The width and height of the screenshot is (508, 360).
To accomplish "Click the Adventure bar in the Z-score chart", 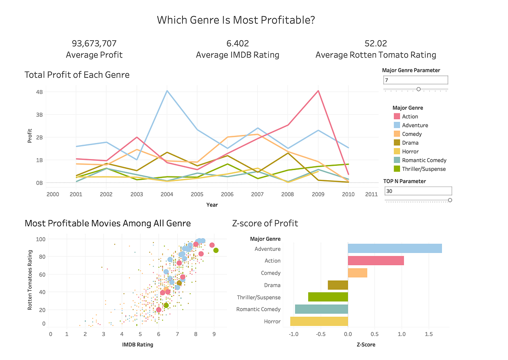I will [x=395, y=248].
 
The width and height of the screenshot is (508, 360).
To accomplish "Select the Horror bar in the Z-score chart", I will [x=319, y=322].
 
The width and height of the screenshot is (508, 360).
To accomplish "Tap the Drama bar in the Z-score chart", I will [x=338, y=285].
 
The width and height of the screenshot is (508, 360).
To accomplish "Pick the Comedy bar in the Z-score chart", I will [x=357, y=273].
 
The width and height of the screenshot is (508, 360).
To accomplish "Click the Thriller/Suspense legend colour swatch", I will [x=397, y=169].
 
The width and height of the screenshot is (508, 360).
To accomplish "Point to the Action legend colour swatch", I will [x=397, y=116].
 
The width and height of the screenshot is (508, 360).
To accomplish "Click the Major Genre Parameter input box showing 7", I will [x=415, y=80].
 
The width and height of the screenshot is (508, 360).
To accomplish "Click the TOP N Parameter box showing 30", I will [x=418, y=191].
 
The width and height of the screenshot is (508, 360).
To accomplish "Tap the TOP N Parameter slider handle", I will [x=450, y=200].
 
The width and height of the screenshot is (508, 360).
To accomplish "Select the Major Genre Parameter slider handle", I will [x=419, y=89].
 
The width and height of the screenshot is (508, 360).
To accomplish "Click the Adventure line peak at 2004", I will [x=167, y=91].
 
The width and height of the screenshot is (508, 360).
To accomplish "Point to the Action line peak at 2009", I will [x=318, y=91].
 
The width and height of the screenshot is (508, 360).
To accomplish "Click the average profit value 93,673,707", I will [x=94, y=44].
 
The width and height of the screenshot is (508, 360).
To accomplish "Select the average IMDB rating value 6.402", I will [x=237, y=44].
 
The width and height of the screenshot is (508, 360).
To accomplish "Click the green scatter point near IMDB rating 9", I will [x=216, y=250].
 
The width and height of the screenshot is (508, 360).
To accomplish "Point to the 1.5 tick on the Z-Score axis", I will [x=429, y=333].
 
